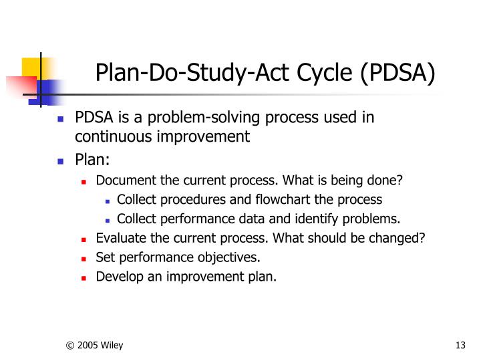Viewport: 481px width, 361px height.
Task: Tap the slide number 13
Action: [459, 345]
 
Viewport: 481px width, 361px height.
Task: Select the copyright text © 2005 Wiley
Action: [94, 345]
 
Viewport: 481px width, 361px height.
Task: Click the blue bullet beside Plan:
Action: [60, 162]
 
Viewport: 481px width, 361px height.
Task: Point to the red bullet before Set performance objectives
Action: [84, 258]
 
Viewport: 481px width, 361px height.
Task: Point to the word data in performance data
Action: [250, 219]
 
